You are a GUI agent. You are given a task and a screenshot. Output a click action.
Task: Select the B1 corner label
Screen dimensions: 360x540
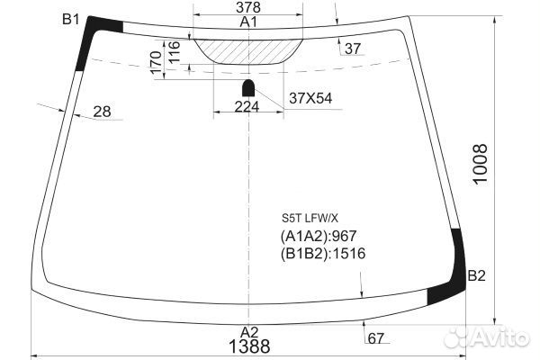70,19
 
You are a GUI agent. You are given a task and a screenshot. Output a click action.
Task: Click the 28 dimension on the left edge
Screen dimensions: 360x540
103,112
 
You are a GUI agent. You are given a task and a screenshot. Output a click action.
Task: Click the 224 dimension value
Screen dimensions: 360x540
247,107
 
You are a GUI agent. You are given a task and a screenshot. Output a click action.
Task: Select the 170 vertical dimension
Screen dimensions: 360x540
155,62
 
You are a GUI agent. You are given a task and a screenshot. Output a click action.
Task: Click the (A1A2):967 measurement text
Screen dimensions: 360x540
320,236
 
